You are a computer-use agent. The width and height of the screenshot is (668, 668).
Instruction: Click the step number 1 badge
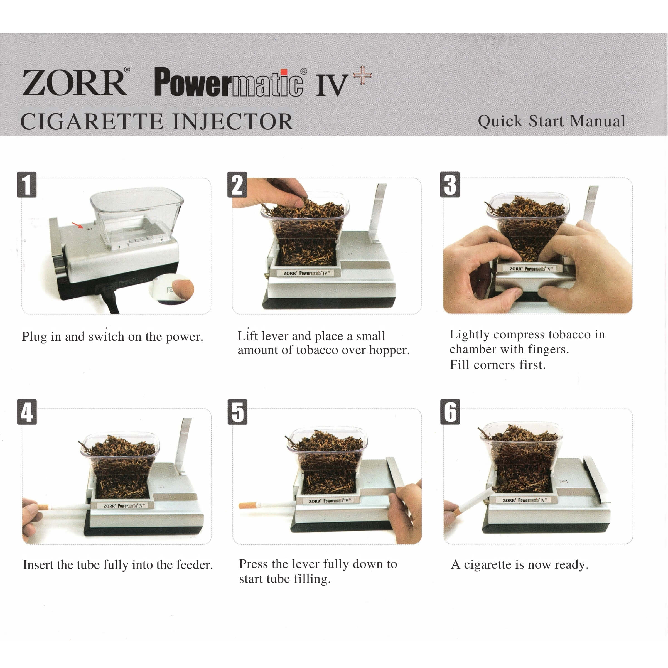pyautogui.click(x=27, y=185)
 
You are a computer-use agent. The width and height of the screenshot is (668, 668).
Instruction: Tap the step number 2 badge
pyautogui.click(x=237, y=185)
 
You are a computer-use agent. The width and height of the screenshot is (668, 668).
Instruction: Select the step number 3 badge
pyautogui.click(x=450, y=185)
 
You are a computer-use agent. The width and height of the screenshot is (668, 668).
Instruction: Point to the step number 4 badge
pyautogui.click(x=27, y=412)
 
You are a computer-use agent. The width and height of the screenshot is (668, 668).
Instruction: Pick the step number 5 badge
pyautogui.click(x=237, y=412)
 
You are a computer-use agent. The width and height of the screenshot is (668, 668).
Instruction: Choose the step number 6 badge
pyautogui.click(x=450, y=412)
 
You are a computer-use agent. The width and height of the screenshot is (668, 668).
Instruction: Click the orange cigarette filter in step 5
pyautogui.click(x=248, y=505)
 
